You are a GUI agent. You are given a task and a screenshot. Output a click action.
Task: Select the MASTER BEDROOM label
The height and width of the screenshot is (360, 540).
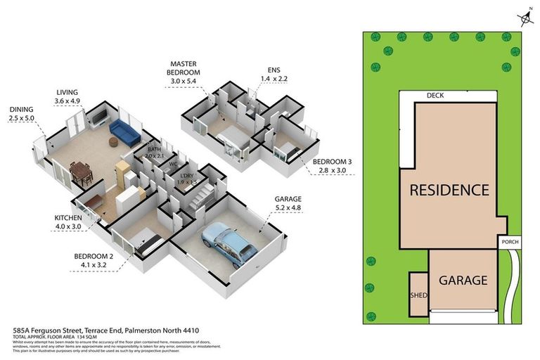(184, 72)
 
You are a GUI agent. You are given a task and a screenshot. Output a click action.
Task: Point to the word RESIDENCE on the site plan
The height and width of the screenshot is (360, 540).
(449, 190)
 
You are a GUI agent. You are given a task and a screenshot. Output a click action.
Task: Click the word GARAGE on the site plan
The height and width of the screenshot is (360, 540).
(463, 280)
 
